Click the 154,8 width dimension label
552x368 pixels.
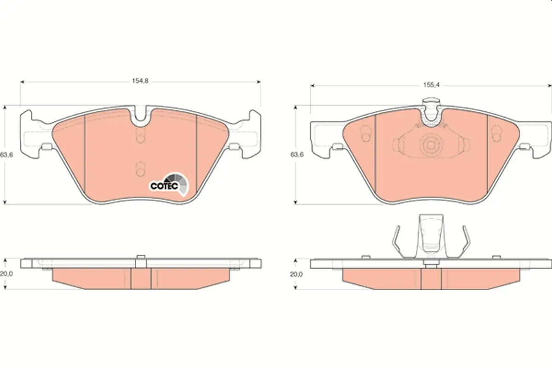pos(140,81)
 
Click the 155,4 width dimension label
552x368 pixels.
pos(431,85)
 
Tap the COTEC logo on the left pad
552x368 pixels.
pos(169,184)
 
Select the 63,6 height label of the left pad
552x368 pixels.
pos(6,155)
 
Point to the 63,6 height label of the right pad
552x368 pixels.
pos(297,155)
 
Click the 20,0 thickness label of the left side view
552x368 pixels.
pos(6,274)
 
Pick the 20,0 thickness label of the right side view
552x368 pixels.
pos(296,274)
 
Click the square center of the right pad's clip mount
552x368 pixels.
pos(431,146)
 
